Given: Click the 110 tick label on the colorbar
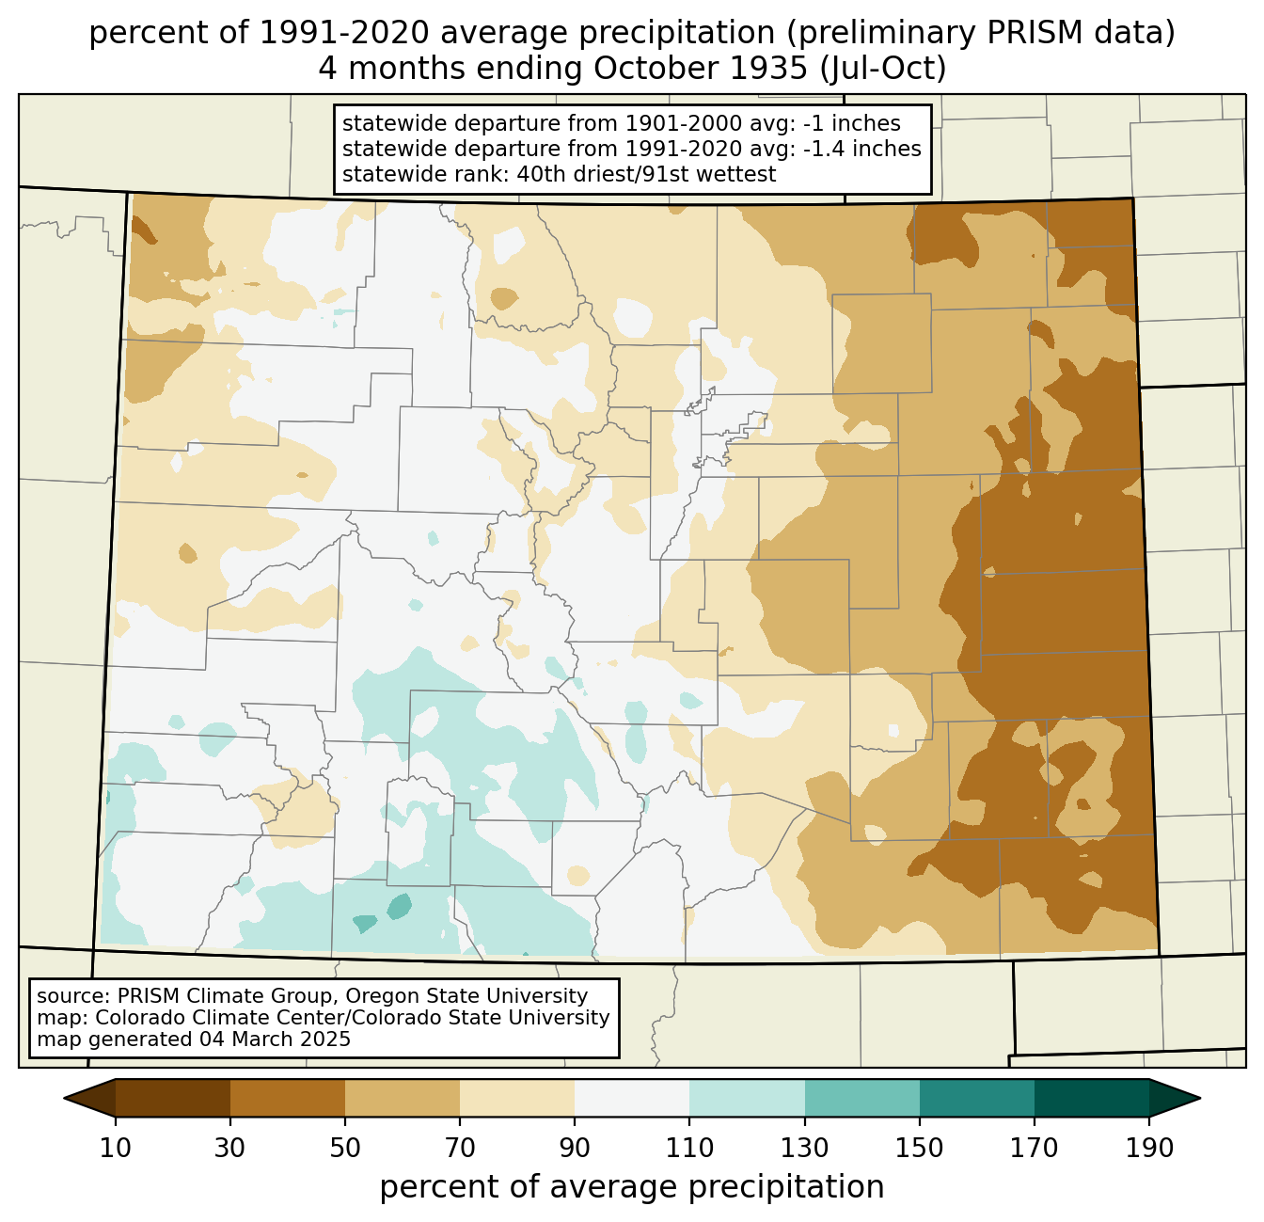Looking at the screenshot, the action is (689, 1148).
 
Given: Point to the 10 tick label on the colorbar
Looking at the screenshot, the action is (115, 1148).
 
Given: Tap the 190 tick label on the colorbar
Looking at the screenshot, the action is (1148, 1148).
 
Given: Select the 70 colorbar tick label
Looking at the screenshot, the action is (459, 1148).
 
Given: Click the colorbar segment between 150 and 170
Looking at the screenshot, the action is (976, 1098).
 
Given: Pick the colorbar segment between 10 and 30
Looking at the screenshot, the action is (173, 1098).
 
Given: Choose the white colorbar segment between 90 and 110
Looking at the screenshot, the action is (632, 1098).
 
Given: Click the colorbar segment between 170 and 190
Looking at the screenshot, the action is (1091, 1098).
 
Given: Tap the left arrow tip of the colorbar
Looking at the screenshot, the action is (64, 1098).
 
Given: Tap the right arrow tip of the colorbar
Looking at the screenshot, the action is (1200, 1098).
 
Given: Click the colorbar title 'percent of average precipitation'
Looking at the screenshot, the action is (631, 1187).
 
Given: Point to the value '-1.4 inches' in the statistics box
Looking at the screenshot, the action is (861, 149).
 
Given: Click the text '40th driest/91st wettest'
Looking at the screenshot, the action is (646, 174).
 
